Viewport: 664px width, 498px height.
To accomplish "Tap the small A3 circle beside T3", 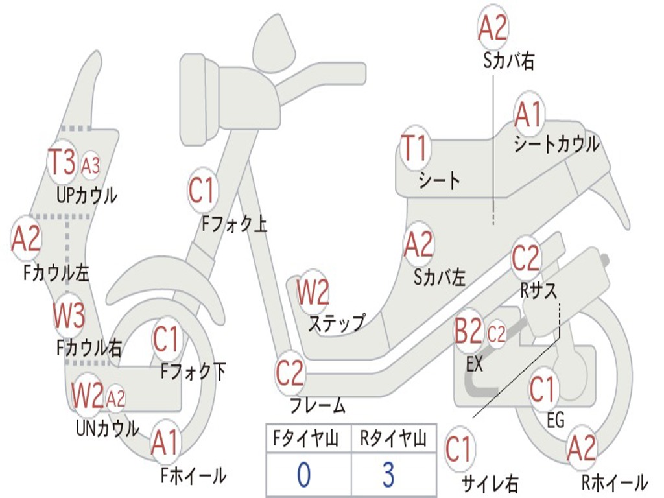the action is [x=91, y=166].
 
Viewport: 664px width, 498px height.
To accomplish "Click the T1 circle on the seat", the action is [x=414, y=148].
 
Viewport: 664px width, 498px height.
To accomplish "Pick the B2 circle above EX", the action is [x=468, y=333].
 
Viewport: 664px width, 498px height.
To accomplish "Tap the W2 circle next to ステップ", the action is [x=313, y=292].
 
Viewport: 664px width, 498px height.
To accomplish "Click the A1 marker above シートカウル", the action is [x=528, y=115].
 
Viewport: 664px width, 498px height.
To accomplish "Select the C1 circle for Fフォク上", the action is [x=202, y=191].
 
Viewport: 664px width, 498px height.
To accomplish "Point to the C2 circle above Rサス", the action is [x=526, y=259].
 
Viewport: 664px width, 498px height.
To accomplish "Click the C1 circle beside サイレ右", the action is [x=459, y=449].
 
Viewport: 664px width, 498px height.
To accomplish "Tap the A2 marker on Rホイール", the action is [x=581, y=449].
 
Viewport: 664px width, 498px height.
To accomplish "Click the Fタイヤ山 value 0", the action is [x=303, y=475].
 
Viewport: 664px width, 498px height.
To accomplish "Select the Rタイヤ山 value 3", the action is [x=388, y=475].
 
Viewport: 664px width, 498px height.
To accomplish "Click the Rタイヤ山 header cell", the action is [x=393, y=440].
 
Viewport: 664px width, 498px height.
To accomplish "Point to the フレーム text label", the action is [x=317, y=407].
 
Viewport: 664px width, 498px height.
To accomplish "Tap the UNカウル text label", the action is [x=107, y=428].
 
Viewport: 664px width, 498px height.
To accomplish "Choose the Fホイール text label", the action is [x=193, y=475].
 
